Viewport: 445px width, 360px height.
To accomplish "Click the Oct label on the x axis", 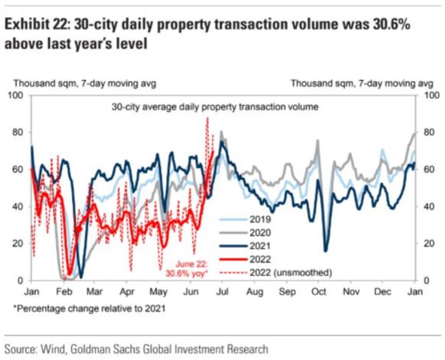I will (x=318, y=291).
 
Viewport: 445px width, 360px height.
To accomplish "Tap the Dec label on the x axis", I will (x=382, y=291).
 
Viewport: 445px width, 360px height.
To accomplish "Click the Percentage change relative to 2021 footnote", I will (x=88, y=309).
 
